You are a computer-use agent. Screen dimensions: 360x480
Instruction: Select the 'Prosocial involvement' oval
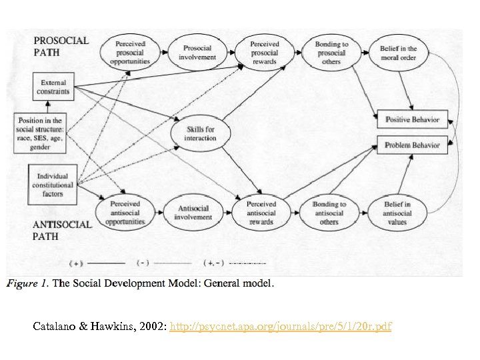point(197,52)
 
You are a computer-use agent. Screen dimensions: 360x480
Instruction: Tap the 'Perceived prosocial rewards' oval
point(265,52)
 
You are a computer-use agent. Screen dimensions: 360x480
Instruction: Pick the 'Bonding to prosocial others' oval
point(331,53)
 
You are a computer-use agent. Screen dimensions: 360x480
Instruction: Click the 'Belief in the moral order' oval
point(399,53)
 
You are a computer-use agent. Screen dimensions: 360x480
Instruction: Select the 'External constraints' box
point(54,86)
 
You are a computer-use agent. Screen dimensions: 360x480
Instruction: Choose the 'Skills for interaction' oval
point(200,133)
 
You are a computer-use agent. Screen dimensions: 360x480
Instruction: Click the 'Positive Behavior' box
point(413,120)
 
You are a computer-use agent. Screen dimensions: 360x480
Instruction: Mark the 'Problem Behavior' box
point(413,144)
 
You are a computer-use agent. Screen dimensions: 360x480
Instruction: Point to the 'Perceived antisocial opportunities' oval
point(125,212)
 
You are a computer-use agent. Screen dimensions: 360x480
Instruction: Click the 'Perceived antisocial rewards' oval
point(261,212)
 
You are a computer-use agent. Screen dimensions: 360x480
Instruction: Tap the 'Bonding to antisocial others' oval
point(329,213)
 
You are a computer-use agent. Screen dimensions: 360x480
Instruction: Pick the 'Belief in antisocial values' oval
point(398,213)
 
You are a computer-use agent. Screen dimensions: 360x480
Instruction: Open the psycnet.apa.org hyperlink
point(281,327)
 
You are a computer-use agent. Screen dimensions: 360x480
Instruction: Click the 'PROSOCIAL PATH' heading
point(61,45)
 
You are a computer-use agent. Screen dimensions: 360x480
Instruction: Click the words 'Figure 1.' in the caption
point(27,284)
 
